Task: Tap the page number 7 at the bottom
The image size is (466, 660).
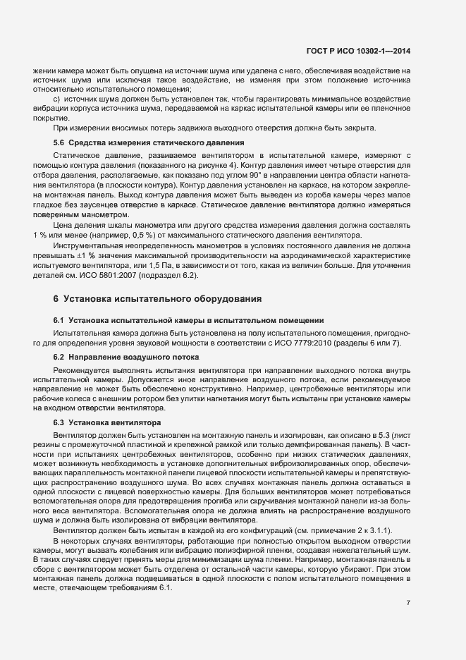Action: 409,603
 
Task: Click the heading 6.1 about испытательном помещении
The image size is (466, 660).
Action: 188,320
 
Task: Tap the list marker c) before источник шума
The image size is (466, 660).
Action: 57,99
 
